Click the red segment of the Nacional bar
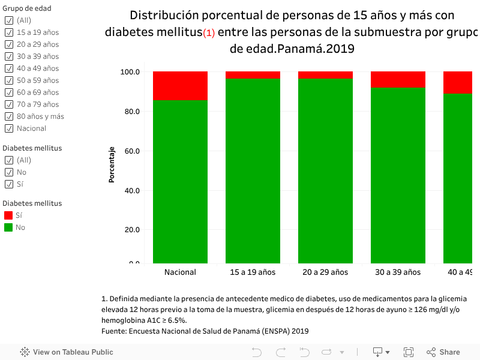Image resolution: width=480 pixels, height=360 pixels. coord(180,86)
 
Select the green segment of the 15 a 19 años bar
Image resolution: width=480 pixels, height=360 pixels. coord(253,171)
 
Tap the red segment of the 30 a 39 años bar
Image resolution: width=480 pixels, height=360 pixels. coord(398,79)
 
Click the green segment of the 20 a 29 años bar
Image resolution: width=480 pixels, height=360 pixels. coord(325,171)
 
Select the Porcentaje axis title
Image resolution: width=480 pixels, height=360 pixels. coord(112,164)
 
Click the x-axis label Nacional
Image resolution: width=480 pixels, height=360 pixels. coord(180,272)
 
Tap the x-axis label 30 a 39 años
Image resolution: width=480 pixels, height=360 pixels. coord(398,272)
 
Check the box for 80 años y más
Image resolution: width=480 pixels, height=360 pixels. coord(9,116)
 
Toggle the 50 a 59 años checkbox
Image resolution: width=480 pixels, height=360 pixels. coord(9,80)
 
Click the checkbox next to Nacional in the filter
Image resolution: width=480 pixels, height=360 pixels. coord(9,128)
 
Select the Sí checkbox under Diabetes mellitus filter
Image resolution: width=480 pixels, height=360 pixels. coord(9,184)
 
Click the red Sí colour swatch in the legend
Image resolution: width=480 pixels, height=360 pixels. coord(8,215)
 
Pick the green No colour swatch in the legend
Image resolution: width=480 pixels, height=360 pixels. coord(8,227)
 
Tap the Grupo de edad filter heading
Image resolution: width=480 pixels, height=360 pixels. coord(27,8)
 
